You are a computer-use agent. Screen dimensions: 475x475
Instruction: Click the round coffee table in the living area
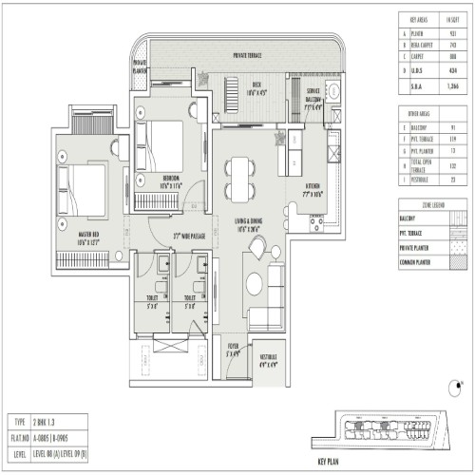pyautogui.click(x=254, y=282)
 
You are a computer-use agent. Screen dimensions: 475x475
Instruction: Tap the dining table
pyautogui.click(x=240, y=180)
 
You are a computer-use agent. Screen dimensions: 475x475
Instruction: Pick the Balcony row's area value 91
pyautogui.click(x=452, y=125)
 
